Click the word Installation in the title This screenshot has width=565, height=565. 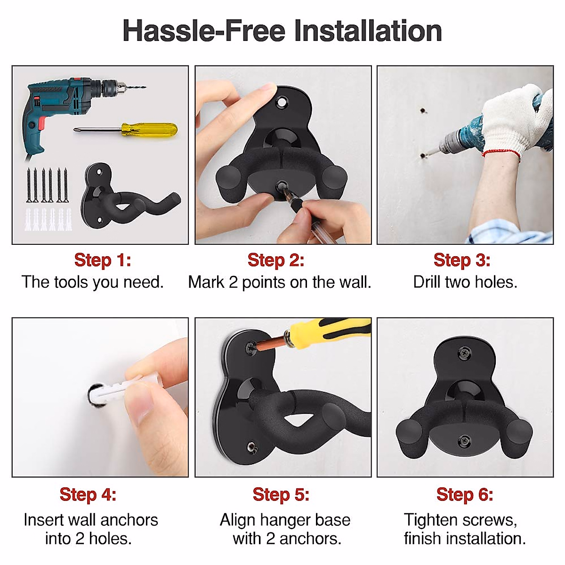pos(368,31)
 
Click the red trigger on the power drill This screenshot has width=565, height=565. pos(42,120)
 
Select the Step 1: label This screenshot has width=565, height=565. pos(102,260)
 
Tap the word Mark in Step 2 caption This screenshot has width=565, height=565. pos(206,282)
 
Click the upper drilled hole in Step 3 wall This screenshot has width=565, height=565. pos(422,111)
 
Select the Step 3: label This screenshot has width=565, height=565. pos(462,260)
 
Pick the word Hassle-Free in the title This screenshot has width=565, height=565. pos(204,31)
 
